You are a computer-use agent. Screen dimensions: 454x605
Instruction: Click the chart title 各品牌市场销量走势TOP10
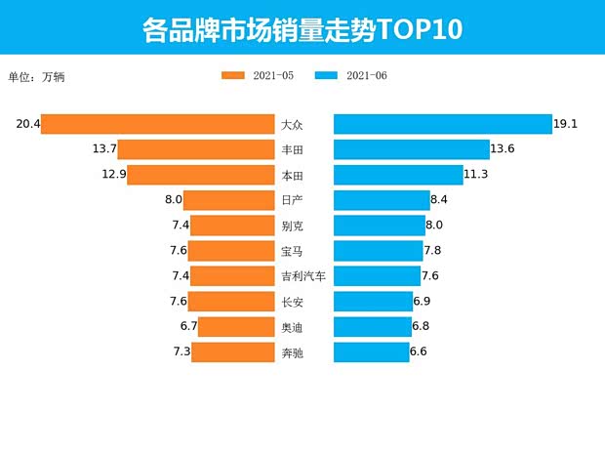(x=302, y=29)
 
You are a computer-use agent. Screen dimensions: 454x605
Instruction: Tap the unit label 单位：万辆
(x=36, y=76)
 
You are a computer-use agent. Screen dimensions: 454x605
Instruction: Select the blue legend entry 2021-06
(x=352, y=76)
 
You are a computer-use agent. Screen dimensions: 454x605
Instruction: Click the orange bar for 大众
(x=157, y=124)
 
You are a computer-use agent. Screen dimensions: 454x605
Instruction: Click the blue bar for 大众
(x=442, y=124)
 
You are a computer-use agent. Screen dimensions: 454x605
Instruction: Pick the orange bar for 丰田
(x=196, y=149)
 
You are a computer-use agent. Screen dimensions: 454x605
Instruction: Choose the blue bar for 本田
(x=398, y=175)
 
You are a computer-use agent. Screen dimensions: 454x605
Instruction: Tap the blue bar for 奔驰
(x=371, y=351)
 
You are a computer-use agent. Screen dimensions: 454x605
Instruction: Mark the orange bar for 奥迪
(x=235, y=327)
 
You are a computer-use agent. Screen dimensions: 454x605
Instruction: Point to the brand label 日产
(x=292, y=201)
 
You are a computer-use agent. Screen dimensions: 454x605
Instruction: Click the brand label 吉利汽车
(x=303, y=276)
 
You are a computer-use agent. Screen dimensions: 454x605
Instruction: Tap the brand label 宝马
(x=292, y=251)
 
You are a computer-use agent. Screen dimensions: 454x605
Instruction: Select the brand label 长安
(x=292, y=302)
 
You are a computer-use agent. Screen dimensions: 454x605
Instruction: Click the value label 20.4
(x=27, y=124)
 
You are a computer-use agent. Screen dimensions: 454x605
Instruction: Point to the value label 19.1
(x=566, y=124)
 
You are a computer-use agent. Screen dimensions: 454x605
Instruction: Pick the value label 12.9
(x=113, y=175)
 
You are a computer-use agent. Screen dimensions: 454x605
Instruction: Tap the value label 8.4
(x=438, y=200)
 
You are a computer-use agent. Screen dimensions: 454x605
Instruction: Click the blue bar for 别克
(x=379, y=226)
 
